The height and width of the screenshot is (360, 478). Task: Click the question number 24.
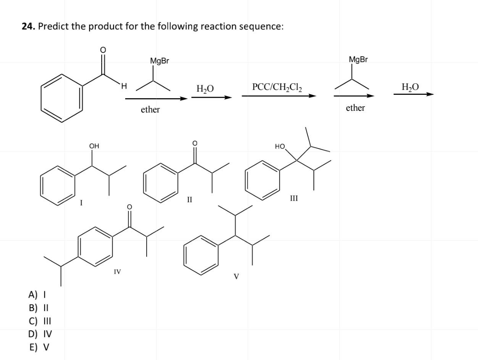[x=28, y=26]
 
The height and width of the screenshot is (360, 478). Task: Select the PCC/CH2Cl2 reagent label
[x=277, y=87]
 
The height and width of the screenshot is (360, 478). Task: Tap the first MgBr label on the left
[x=160, y=61]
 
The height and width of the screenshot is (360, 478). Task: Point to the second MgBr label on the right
[x=358, y=59]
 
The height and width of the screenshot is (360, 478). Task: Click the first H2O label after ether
[x=205, y=89]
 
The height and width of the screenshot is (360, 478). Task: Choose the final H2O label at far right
[x=410, y=87]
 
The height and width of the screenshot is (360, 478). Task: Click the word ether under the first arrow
[x=150, y=110]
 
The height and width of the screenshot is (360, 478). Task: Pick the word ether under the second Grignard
[x=355, y=108]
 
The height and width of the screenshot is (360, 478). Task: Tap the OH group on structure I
[x=94, y=146]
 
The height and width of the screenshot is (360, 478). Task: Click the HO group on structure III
[x=280, y=146]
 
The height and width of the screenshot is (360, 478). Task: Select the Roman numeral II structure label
[x=189, y=199]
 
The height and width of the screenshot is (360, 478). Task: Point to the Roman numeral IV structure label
[x=117, y=272]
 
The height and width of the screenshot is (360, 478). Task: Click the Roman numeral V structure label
[x=236, y=276]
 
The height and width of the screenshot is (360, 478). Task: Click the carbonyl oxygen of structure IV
[x=129, y=207]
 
